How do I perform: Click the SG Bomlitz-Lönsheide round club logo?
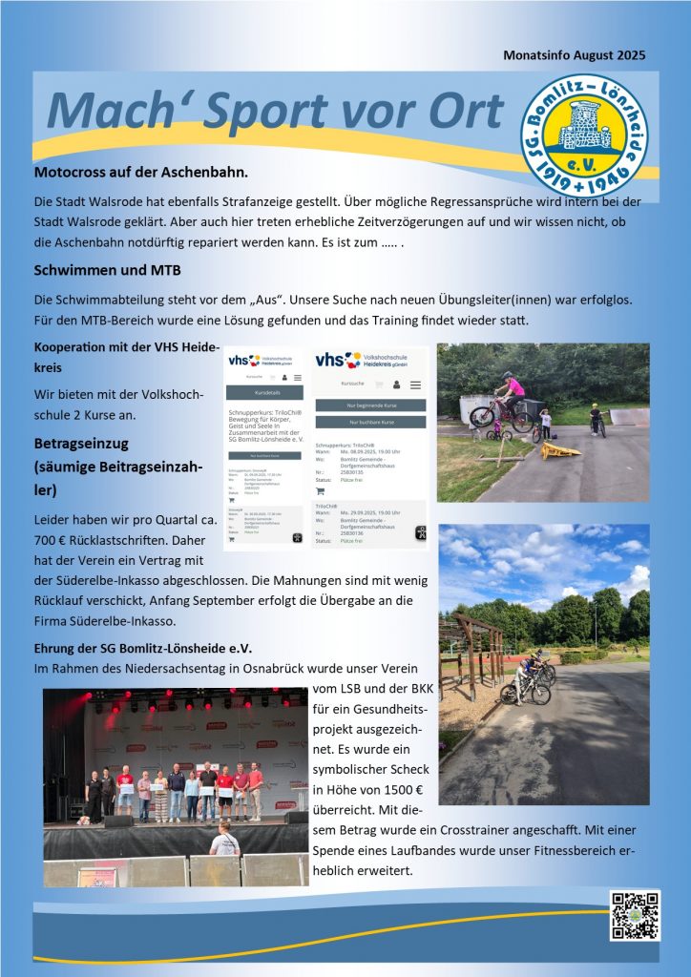tap(583, 135)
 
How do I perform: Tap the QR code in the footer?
tap(635, 915)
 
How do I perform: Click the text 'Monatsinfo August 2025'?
tap(574, 55)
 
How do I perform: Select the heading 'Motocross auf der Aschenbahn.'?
tap(140, 173)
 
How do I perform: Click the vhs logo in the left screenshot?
tap(241, 361)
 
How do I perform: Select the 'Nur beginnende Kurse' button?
tap(370, 405)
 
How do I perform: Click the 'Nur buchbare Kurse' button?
tap(370, 421)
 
